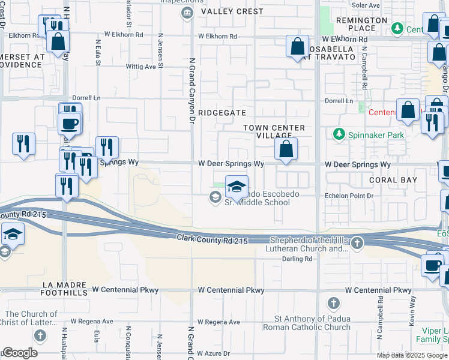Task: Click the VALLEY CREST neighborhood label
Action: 232,11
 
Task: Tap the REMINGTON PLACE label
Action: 362,24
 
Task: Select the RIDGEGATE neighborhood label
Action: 222,112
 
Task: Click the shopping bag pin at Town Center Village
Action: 286,149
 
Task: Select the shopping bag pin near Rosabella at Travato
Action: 298,47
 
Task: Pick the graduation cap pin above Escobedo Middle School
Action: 237,186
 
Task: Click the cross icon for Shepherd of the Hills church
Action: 357,243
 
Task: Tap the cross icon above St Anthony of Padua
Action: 334,303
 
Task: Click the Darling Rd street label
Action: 297,259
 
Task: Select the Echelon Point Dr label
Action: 349,196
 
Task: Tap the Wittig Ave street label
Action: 140,67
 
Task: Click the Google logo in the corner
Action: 20,353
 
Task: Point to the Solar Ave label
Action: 366,5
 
